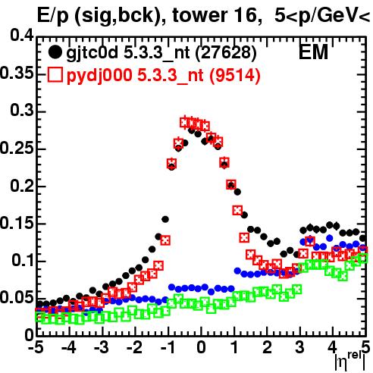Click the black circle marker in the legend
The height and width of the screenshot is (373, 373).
(x=55, y=52)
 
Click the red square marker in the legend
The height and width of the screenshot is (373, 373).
(x=55, y=75)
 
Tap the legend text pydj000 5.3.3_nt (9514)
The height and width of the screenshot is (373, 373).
(x=164, y=76)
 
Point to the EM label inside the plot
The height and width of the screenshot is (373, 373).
(x=313, y=52)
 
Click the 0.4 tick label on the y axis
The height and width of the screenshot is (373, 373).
(x=22, y=36)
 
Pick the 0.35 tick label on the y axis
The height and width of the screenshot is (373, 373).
(x=17, y=73)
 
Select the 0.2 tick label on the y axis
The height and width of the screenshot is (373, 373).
(x=22, y=186)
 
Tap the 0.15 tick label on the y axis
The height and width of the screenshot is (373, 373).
(x=17, y=223)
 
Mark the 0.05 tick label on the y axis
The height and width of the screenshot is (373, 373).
(x=17, y=298)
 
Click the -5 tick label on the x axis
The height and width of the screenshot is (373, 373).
(x=36, y=348)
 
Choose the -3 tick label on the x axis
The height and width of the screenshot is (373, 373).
(x=102, y=348)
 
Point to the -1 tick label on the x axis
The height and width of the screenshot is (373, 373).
(x=167, y=348)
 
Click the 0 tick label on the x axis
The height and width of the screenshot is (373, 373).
(x=201, y=348)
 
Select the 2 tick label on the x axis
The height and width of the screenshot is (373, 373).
(x=267, y=348)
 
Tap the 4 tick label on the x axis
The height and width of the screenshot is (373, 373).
(x=333, y=348)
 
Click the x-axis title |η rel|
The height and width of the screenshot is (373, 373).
(x=350, y=361)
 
